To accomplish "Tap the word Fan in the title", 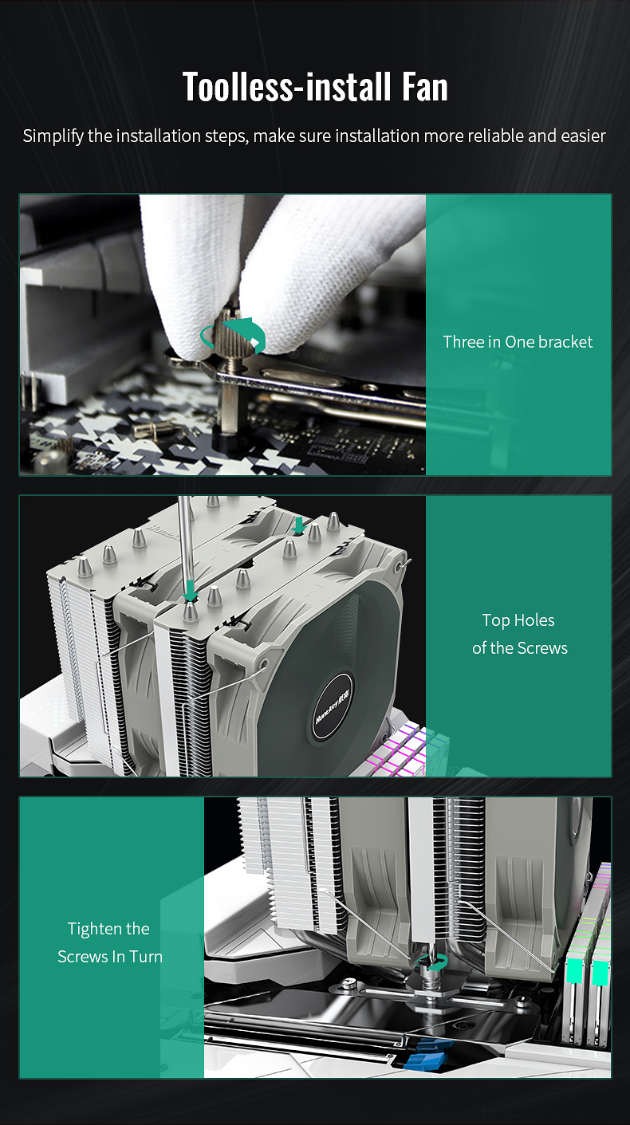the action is click(x=424, y=86).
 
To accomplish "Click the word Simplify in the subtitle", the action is click(x=53, y=136).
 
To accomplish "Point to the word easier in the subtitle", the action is click(x=583, y=136).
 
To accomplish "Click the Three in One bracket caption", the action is click(x=518, y=341).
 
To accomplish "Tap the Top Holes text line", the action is click(x=518, y=621).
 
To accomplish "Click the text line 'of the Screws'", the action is click(x=519, y=648).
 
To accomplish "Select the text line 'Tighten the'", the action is click(x=108, y=929).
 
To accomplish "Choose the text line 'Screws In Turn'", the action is click(x=110, y=957).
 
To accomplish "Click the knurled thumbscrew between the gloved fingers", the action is click(x=229, y=332).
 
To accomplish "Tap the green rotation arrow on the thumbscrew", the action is click(x=233, y=335).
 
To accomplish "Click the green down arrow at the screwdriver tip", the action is click(x=191, y=591).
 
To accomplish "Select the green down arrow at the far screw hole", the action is click(x=299, y=525).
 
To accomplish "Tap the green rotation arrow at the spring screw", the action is click(x=432, y=962).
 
